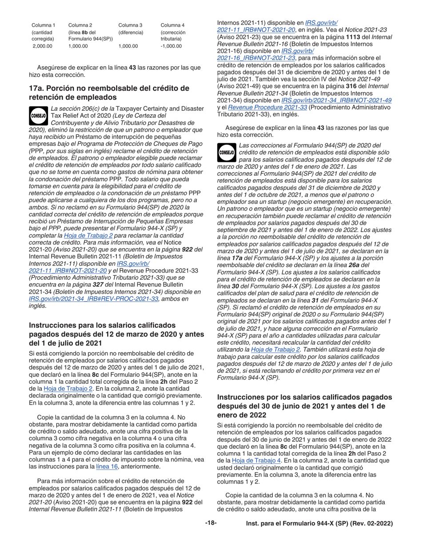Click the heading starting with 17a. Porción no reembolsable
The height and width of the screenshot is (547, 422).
[109, 93]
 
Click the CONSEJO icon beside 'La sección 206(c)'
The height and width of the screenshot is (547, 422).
[39, 115]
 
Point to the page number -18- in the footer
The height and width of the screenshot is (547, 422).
[211, 523]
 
